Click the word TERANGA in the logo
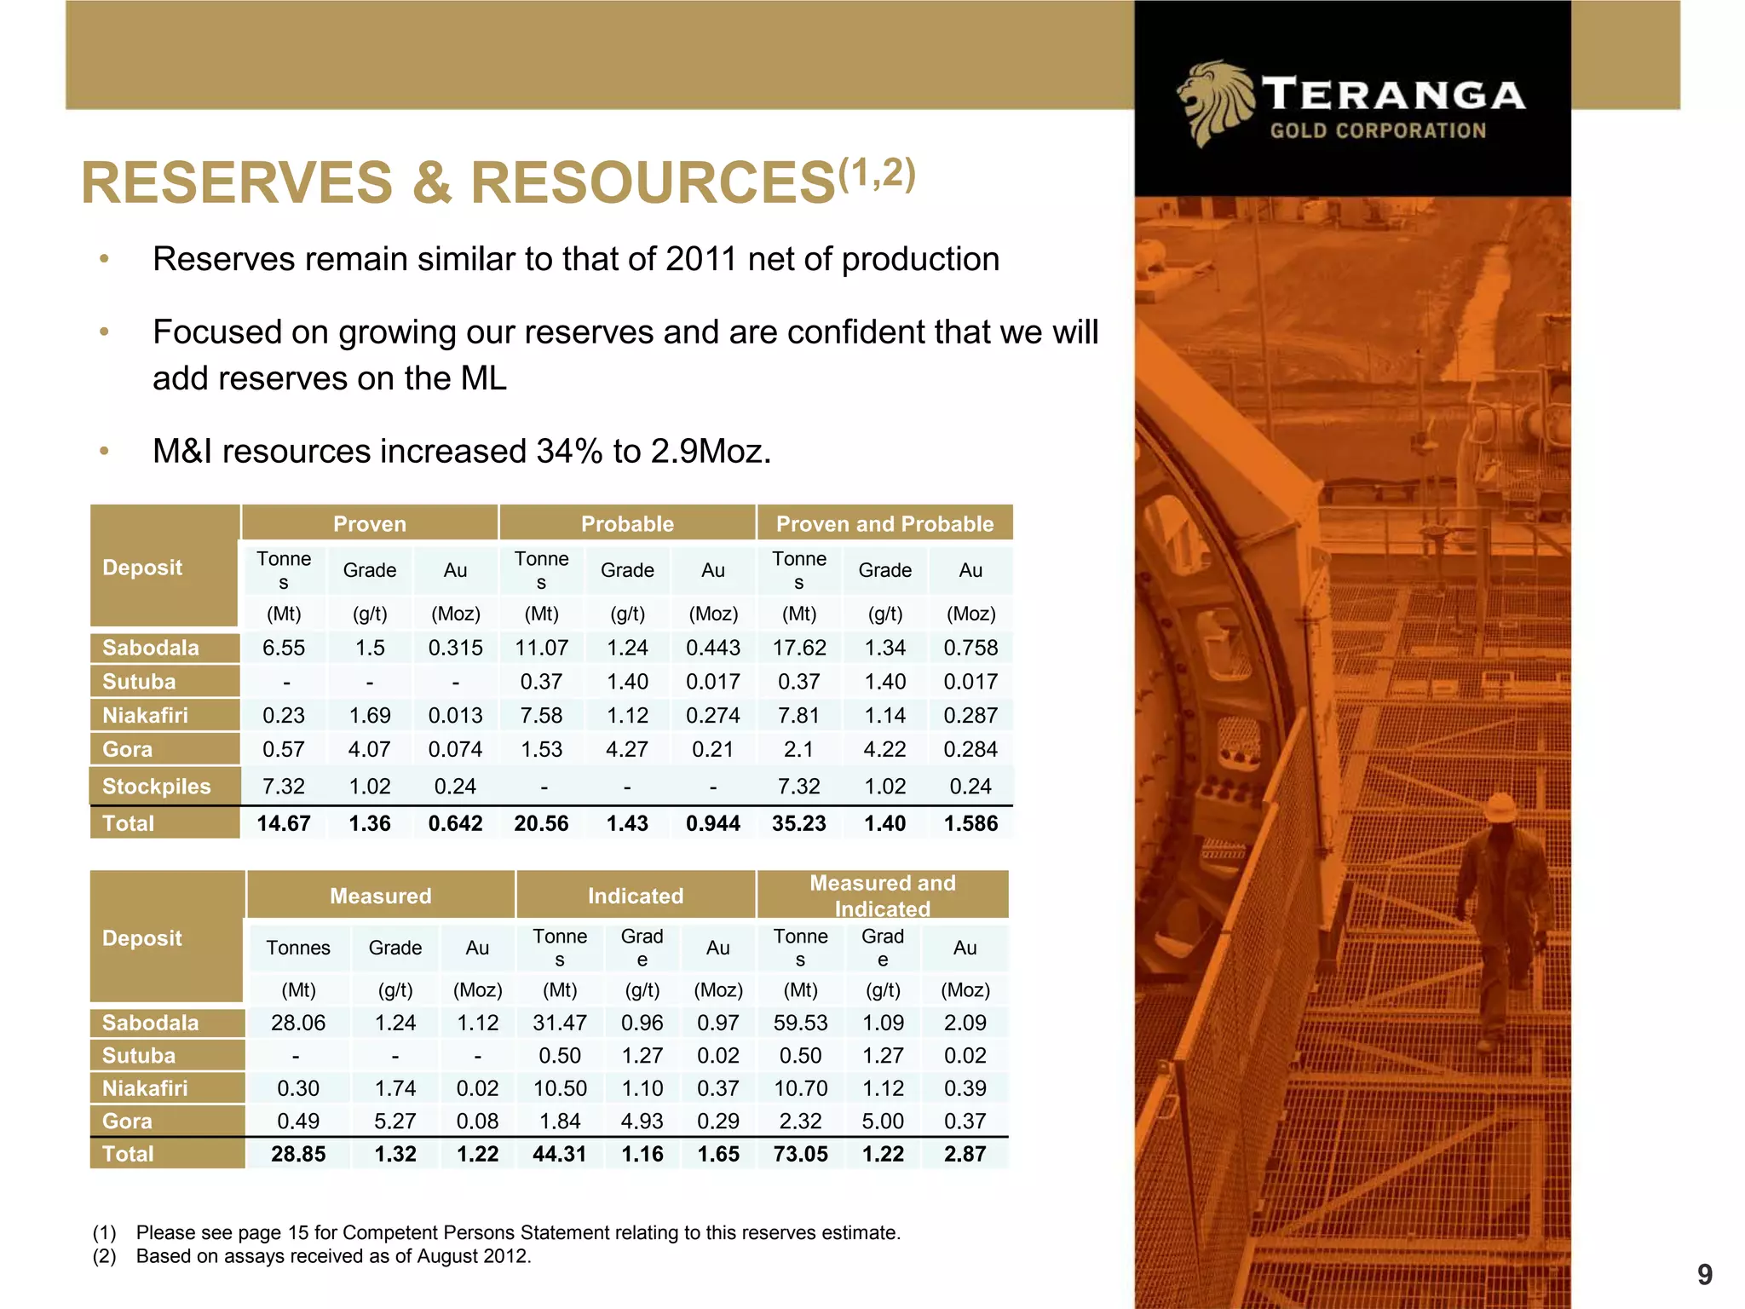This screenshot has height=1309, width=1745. (x=1393, y=95)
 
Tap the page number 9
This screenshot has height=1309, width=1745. (x=1703, y=1274)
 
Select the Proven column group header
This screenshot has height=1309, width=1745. (x=369, y=523)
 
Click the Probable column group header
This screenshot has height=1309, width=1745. (x=627, y=523)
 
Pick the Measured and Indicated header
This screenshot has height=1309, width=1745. (x=882, y=895)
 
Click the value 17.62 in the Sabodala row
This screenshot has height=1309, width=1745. (x=798, y=648)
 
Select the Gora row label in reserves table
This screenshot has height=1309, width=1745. (x=128, y=749)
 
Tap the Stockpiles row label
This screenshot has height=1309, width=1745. (x=156, y=786)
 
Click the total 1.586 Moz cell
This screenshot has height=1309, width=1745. (x=970, y=823)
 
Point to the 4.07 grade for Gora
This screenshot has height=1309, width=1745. (x=369, y=749)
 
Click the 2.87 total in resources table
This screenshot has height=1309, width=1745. (x=965, y=1154)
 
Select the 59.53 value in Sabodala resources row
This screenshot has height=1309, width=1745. (x=800, y=1023)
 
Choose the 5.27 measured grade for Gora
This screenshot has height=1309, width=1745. (x=394, y=1121)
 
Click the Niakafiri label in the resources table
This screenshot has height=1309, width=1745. (x=145, y=1088)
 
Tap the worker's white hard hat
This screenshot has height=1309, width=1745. (x=1500, y=805)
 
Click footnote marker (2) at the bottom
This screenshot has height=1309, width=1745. (x=104, y=1256)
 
